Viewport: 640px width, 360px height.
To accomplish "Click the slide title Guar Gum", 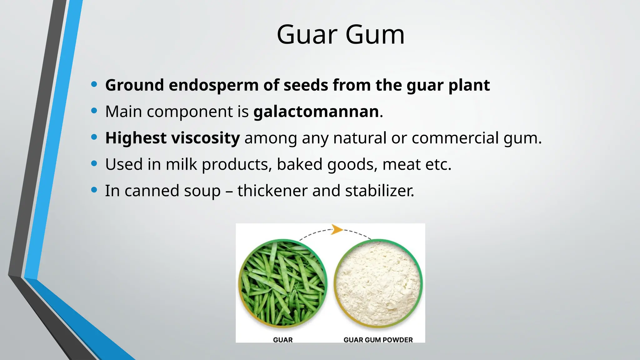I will [x=341, y=35].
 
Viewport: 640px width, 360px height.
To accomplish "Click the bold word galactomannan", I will [x=316, y=112].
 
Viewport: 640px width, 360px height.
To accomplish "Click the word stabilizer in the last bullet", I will [x=379, y=191].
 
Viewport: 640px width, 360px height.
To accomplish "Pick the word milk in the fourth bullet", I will [x=181, y=164].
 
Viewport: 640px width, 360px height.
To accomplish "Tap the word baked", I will [x=299, y=164].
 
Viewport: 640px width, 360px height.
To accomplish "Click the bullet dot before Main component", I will [x=94, y=111].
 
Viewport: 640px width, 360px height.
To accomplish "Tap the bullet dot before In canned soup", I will [x=94, y=190].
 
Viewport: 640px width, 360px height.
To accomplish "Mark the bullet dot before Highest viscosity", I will [x=94, y=137].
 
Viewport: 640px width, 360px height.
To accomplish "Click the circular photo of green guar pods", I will [x=283, y=283].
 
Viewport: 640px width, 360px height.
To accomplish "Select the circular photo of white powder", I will [x=378, y=283].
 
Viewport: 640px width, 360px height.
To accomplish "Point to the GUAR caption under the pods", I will [x=283, y=340].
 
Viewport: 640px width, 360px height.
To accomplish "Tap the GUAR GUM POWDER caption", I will [x=378, y=340].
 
